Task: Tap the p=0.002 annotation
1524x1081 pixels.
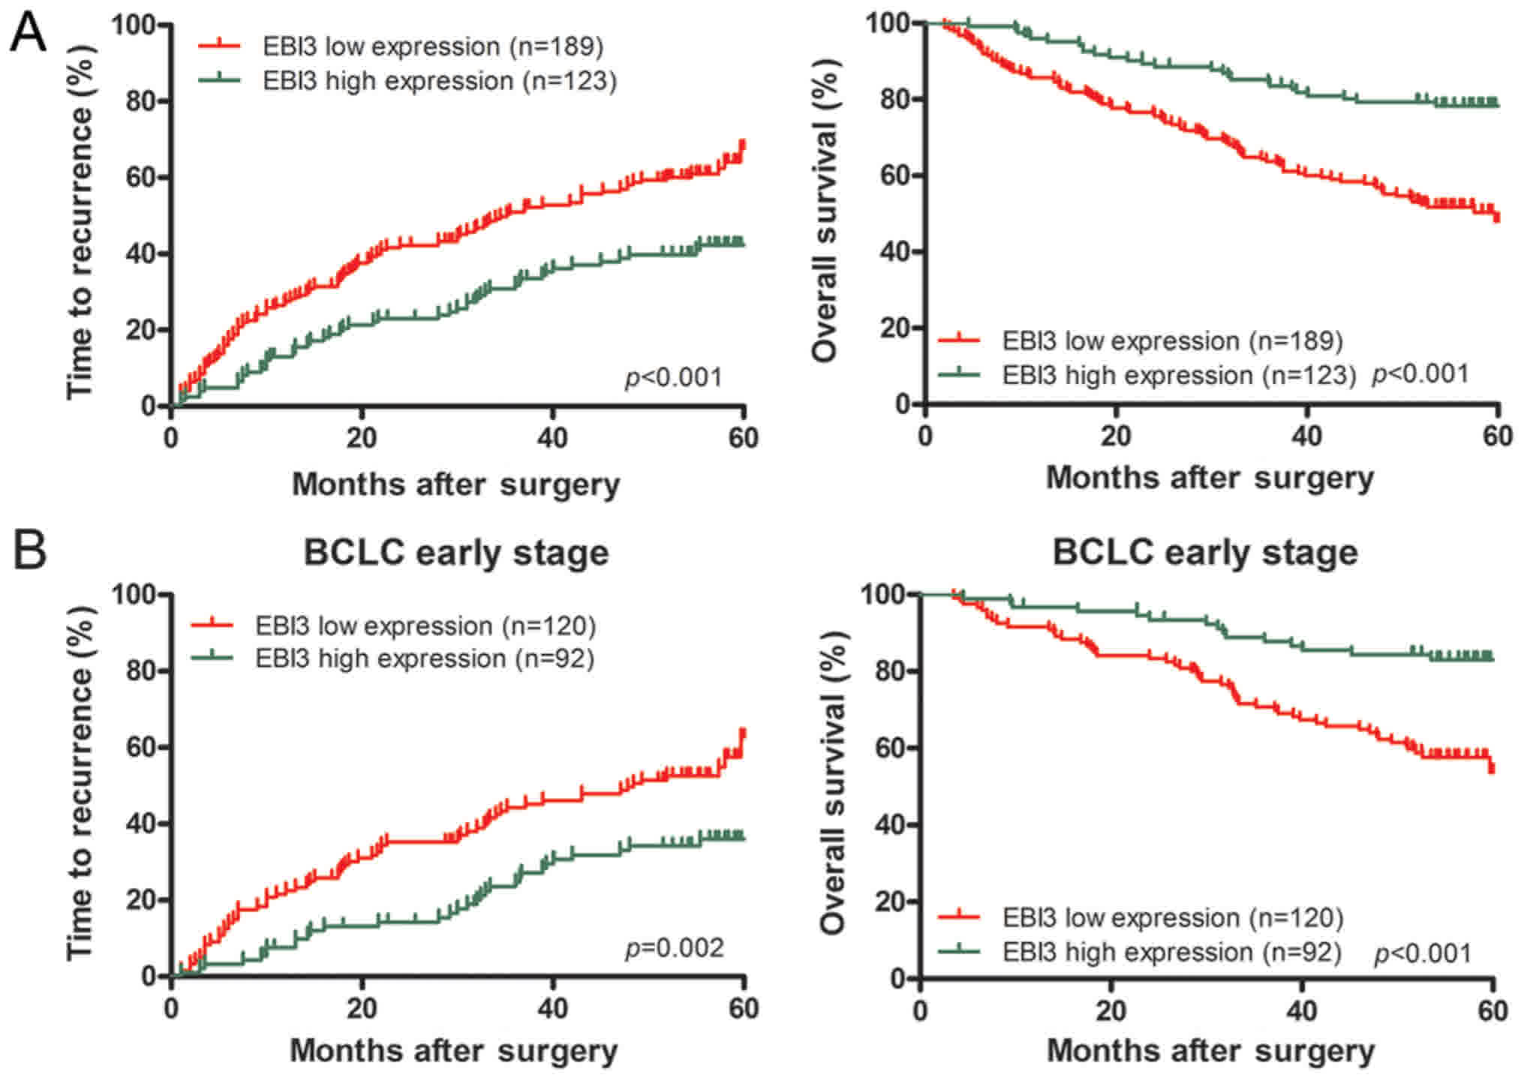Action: pos(674,948)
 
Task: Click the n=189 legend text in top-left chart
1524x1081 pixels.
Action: pos(556,47)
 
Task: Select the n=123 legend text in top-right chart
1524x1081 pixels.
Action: pos(1305,375)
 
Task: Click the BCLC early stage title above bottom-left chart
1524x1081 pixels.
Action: pos(455,553)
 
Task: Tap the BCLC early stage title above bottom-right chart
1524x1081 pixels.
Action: pos(1204,552)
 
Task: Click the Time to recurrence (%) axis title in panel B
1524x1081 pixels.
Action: pos(80,783)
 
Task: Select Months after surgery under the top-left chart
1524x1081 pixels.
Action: pos(455,484)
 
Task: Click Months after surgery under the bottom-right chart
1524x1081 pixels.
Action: pos(1210,1050)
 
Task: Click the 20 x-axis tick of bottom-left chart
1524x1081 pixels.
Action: pos(362,1008)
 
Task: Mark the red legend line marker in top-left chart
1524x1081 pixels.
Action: pos(219,46)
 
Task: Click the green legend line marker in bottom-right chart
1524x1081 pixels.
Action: pos(959,951)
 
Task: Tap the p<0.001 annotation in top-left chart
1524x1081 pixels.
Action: pos(673,377)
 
